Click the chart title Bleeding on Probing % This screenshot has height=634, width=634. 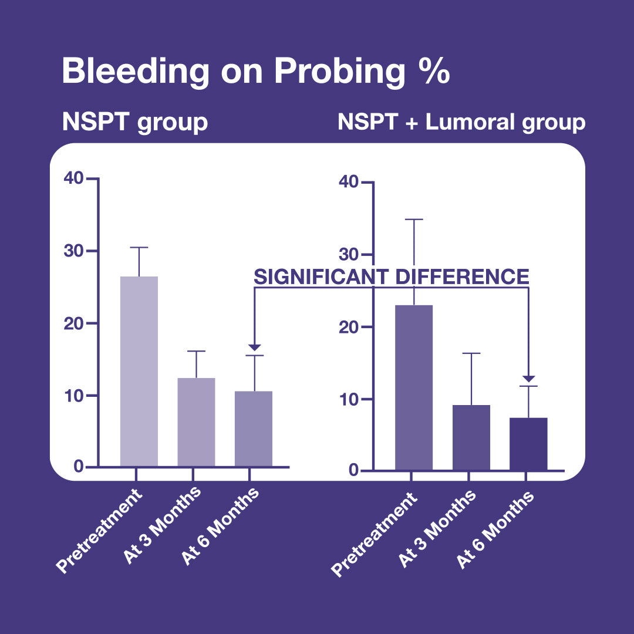(x=255, y=72)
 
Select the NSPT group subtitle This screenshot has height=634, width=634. (x=135, y=123)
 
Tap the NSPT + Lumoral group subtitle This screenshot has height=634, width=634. (x=461, y=123)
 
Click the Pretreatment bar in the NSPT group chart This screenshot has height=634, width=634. (x=139, y=371)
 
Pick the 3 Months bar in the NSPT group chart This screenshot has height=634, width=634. (x=196, y=422)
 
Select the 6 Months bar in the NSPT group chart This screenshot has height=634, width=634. (x=254, y=429)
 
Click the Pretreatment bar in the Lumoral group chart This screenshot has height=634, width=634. (x=414, y=387)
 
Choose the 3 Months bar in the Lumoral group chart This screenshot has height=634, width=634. (x=471, y=437)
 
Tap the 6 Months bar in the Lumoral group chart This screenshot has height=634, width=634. (x=528, y=444)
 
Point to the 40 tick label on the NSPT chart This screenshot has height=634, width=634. (x=75, y=178)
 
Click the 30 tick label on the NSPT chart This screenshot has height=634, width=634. (x=75, y=251)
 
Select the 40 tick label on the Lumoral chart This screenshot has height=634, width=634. (x=349, y=182)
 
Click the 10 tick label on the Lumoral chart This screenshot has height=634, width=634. (x=349, y=399)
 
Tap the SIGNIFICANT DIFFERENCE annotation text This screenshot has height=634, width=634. (x=392, y=276)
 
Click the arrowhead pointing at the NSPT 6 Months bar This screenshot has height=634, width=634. (x=254, y=348)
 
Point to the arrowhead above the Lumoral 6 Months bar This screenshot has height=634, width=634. (x=529, y=379)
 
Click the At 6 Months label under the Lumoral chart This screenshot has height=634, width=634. (x=496, y=529)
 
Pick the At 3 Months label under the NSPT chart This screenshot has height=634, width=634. (x=163, y=525)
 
